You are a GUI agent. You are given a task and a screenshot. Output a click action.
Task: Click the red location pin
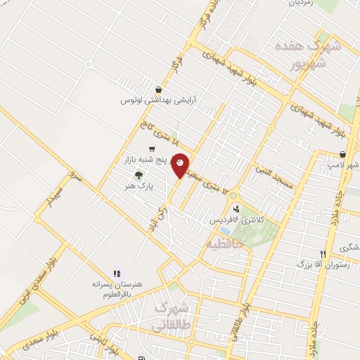pyautogui.click(x=181, y=165)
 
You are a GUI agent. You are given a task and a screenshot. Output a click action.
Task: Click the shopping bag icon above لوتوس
pyautogui.click(x=159, y=90)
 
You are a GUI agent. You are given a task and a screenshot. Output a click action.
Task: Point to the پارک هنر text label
pyautogui.click(x=140, y=185)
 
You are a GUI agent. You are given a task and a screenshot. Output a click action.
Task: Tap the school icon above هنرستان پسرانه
pyautogui.click(x=117, y=273)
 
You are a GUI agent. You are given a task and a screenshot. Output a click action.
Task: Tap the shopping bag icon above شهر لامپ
pyautogui.click(x=342, y=154)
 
